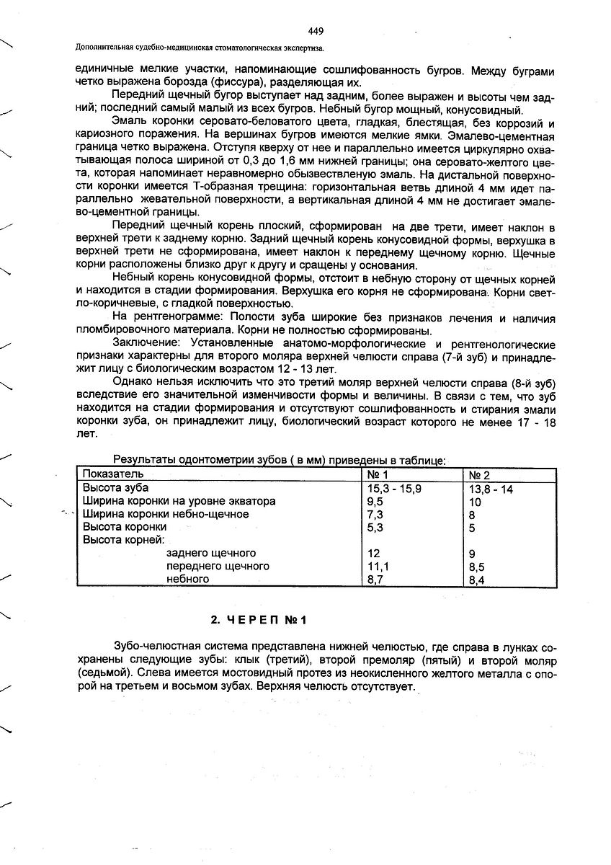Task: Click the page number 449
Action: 315,31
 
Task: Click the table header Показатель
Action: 113,474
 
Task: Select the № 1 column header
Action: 378,474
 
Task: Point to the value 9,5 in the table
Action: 375,501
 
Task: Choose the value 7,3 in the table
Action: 375,514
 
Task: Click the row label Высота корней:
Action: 124,540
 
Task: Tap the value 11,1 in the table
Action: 377,566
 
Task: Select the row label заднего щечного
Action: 211,553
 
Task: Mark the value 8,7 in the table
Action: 375,579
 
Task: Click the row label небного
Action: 187,579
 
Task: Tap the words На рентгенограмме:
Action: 164,318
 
